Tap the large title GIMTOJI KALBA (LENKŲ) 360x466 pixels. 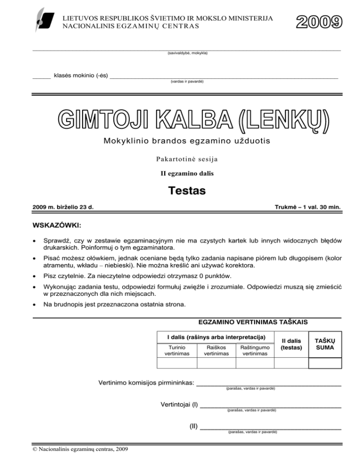point(194,120)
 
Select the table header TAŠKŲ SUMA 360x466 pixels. point(324,344)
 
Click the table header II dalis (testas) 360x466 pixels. point(291,344)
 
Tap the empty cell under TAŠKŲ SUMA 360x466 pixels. point(324,364)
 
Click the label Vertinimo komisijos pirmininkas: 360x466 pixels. point(146,383)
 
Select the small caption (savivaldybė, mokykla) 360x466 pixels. point(187,53)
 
